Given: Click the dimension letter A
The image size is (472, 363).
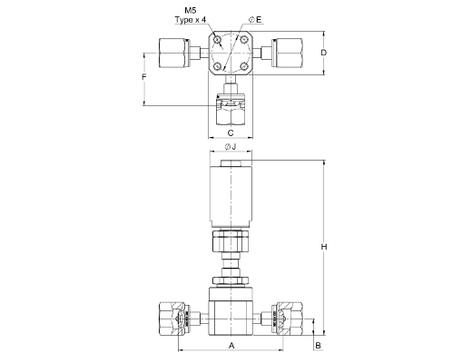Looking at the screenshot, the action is (x=231, y=345).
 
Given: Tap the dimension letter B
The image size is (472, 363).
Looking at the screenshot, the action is (x=319, y=345).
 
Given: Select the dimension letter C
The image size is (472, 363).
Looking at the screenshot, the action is (x=231, y=132).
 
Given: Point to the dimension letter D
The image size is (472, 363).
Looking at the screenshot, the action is (x=324, y=53).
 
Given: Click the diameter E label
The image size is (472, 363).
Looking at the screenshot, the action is (x=255, y=20).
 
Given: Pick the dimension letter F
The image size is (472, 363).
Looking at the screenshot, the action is (x=144, y=77).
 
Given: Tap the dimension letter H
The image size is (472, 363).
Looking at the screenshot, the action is (x=324, y=247).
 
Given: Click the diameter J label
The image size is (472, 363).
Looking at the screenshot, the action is (x=231, y=147).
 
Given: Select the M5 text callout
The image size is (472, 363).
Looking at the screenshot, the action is (x=191, y=11).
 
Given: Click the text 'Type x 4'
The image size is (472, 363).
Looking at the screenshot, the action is (x=191, y=20).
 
